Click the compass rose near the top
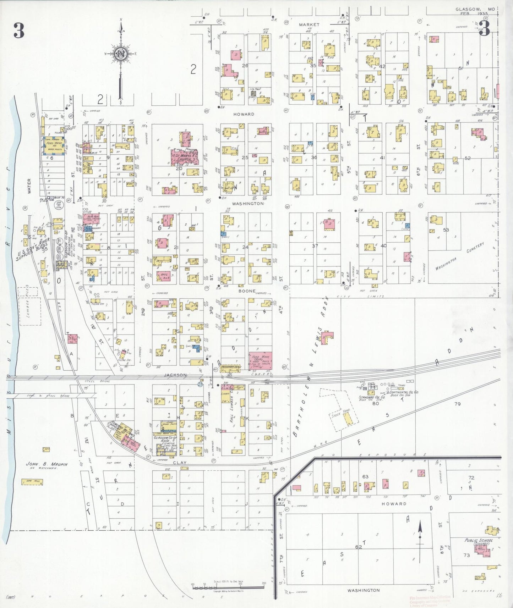pos(121,54)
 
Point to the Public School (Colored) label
pos(479,542)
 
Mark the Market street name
pos(309,25)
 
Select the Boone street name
pos(247,291)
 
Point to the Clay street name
pos(180,463)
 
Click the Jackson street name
pos(175,375)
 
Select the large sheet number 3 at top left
pos(19,31)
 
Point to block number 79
pos(457,404)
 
